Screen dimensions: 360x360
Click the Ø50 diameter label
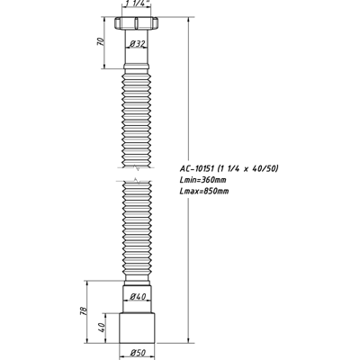click(x=138, y=351)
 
